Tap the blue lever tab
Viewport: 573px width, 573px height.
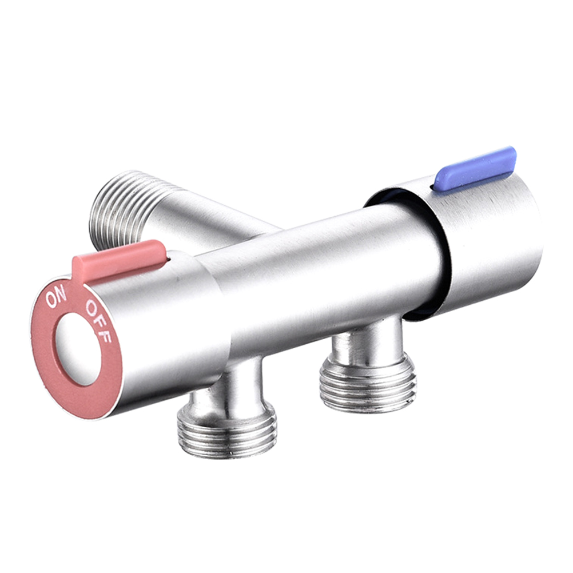click(475, 167)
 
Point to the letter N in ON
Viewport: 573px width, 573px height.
click(61, 295)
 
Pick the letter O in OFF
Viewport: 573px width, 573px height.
click(91, 309)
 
